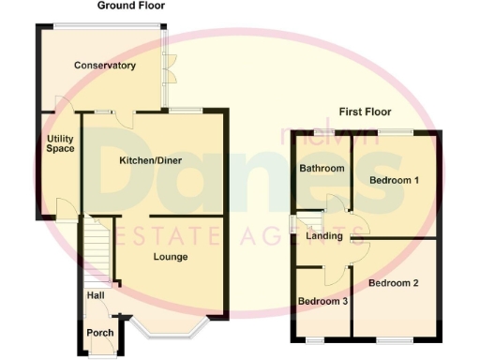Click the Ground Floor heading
(x=131, y=6)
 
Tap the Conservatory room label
(x=106, y=66)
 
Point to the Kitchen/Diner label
(x=150, y=160)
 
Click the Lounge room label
(x=171, y=257)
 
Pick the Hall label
(x=96, y=295)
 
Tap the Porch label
(x=99, y=333)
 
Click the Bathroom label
(x=322, y=169)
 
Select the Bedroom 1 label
(x=394, y=180)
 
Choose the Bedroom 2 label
(x=393, y=282)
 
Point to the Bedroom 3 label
(x=322, y=301)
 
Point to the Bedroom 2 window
(x=394, y=338)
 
